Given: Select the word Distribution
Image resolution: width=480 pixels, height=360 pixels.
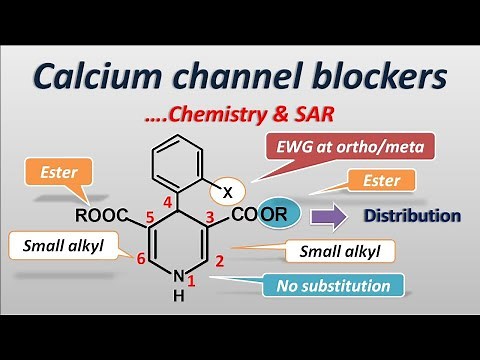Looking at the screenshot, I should coord(411,215).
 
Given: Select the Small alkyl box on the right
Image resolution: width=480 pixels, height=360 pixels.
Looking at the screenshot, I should coord(339,251).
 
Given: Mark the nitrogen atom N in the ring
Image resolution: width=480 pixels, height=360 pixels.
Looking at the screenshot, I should coord(178,277).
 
